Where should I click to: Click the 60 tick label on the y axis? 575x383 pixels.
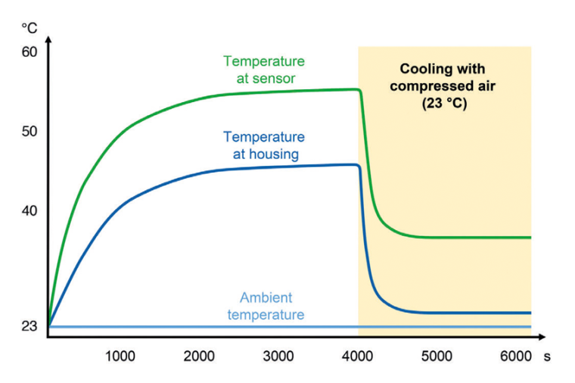tap(30, 52)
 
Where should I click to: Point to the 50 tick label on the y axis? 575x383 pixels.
tap(30, 132)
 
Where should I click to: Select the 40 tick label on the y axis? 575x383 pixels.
tap(30, 211)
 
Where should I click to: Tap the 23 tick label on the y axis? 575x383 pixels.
tap(30, 327)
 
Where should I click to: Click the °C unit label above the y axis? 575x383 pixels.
tap(30, 27)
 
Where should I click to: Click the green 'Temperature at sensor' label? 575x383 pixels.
tap(264, 69)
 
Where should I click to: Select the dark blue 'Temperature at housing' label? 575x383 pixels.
tap(264, 145)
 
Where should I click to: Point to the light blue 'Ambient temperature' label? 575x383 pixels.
tap(266, 306)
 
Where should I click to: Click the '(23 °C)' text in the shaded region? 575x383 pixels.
tap(444, 104)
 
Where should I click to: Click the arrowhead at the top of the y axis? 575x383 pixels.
tap(48, 38)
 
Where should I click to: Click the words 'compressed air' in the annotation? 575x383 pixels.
tap(444, 86)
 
